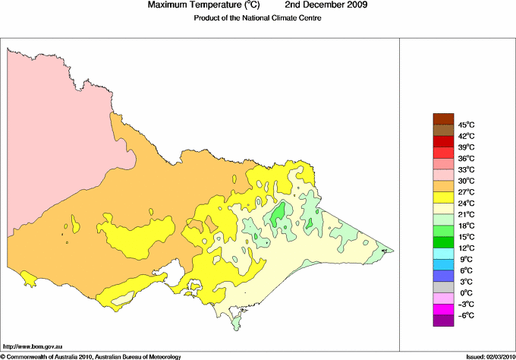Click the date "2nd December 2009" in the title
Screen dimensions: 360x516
point(326,5)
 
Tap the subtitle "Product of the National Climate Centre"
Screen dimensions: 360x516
point(257,18)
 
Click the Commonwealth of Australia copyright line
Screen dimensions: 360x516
point(91,355)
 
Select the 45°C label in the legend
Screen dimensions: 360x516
point(465,125)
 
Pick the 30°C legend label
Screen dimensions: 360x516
point(465,181)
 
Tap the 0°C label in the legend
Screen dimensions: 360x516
point(464,293)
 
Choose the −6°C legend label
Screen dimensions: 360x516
point(464,315)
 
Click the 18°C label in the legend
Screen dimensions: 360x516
point(465,226)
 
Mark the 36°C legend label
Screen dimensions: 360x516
point(465,158)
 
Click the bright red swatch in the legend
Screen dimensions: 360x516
point(442,141)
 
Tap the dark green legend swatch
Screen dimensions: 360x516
point(442,242)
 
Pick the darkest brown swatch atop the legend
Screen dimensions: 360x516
point(442,118)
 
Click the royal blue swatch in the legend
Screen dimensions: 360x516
point(442,276)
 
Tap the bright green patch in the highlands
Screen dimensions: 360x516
point(281,214)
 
